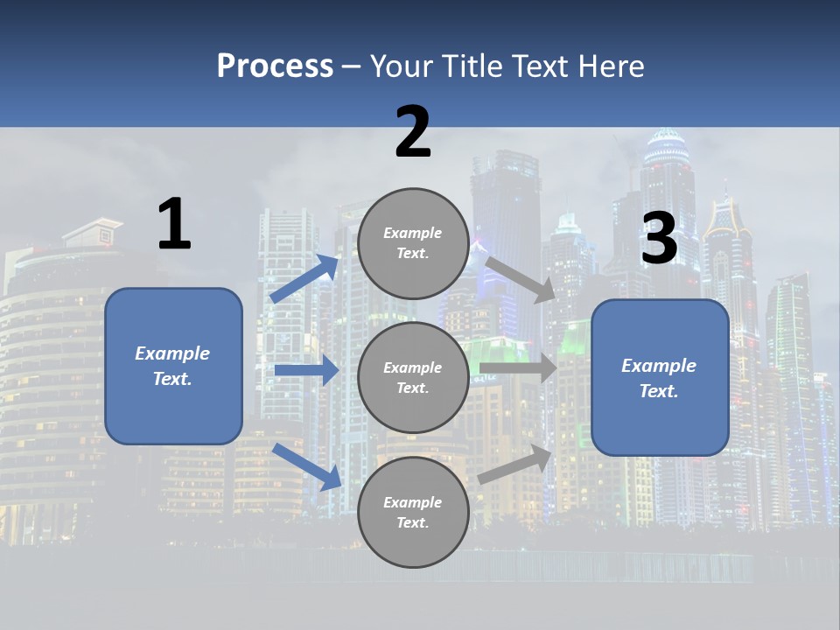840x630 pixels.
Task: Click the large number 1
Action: [x=174, y=224]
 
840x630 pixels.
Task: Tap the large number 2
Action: [x=413, y=132]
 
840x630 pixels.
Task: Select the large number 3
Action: [x=660, y=238]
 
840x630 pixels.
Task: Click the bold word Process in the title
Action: [x=275, y=66]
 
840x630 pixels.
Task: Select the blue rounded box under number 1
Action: [x=173, y=366]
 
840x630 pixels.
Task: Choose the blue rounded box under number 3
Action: [x=660, y=378]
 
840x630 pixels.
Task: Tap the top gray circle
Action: [x=413, y=243]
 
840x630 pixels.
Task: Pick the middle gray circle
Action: [x=413, y=377]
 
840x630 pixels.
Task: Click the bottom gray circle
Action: [x=413, y=512]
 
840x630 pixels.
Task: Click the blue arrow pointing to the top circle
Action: [x=305, y=279]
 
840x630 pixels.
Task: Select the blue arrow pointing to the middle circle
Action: [x=307, y=371]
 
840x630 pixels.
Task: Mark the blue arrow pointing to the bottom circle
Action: [x=307, y=465]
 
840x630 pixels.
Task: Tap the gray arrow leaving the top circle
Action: [x=520, y=279]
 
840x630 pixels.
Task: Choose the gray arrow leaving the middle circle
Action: [x=518, y=367]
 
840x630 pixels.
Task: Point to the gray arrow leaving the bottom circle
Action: [x=515, y=465]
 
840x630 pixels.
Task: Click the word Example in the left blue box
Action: [x=172, y=353]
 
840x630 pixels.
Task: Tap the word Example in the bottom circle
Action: [x=412, y=502]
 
